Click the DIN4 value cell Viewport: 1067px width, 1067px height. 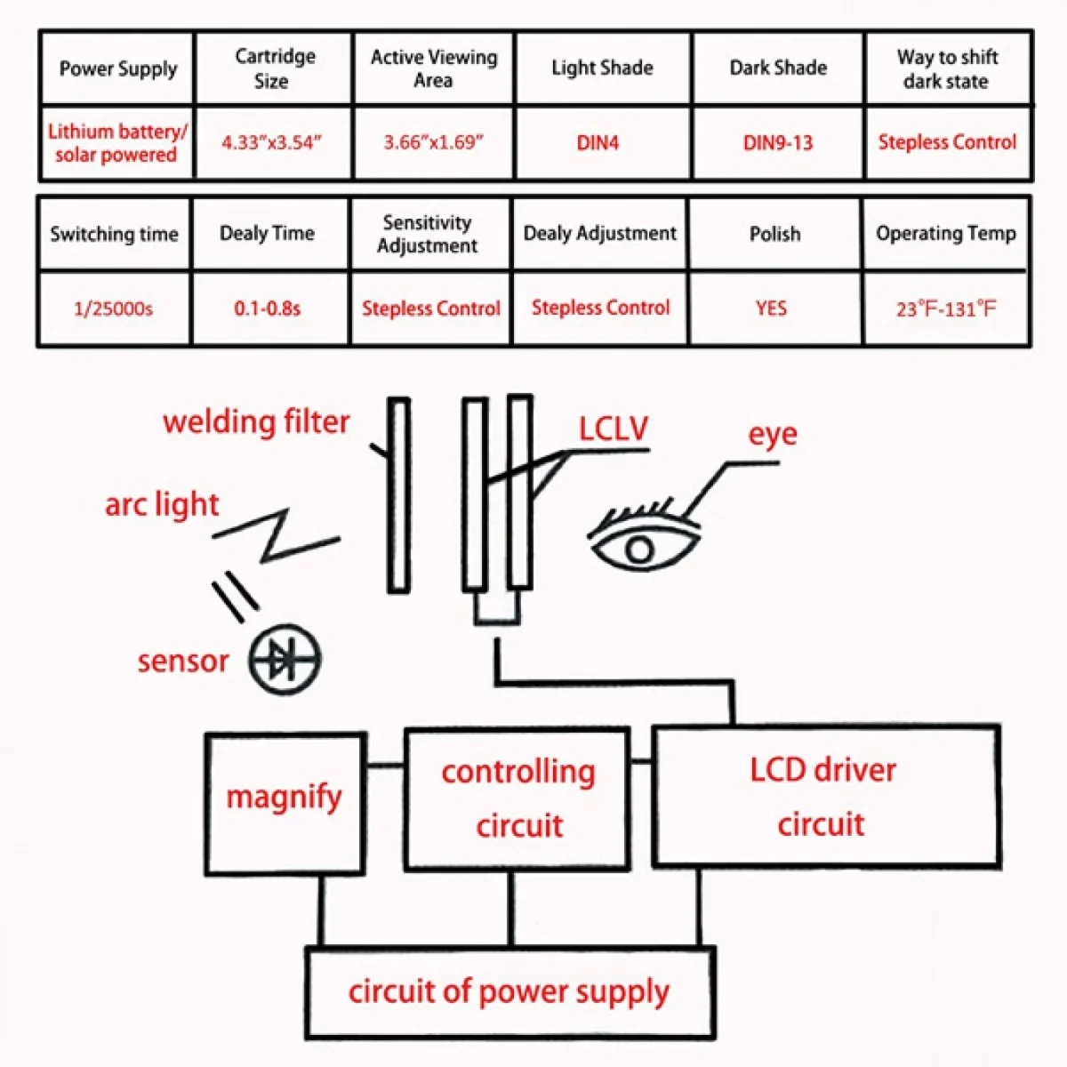598,142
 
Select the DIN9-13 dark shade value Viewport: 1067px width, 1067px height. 778,142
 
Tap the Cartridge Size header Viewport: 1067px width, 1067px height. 274,68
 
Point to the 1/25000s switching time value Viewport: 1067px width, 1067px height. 113,309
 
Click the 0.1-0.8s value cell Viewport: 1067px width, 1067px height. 268,309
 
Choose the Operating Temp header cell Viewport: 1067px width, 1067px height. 945,234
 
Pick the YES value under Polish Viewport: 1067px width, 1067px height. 771,308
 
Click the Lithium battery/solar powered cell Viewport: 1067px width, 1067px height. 116,143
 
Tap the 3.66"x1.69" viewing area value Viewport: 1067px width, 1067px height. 433,142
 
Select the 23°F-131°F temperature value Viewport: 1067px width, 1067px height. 946,309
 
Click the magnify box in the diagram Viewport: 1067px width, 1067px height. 285,803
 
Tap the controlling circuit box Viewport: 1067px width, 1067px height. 517,798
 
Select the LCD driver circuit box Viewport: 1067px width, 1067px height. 825,796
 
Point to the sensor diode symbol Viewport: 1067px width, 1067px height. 285,660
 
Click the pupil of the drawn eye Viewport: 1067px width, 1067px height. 638,550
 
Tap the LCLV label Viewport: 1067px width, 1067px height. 614,429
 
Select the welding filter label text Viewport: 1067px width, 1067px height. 256,421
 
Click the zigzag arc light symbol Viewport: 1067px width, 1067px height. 276,535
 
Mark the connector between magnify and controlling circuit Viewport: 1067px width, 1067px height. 385,765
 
